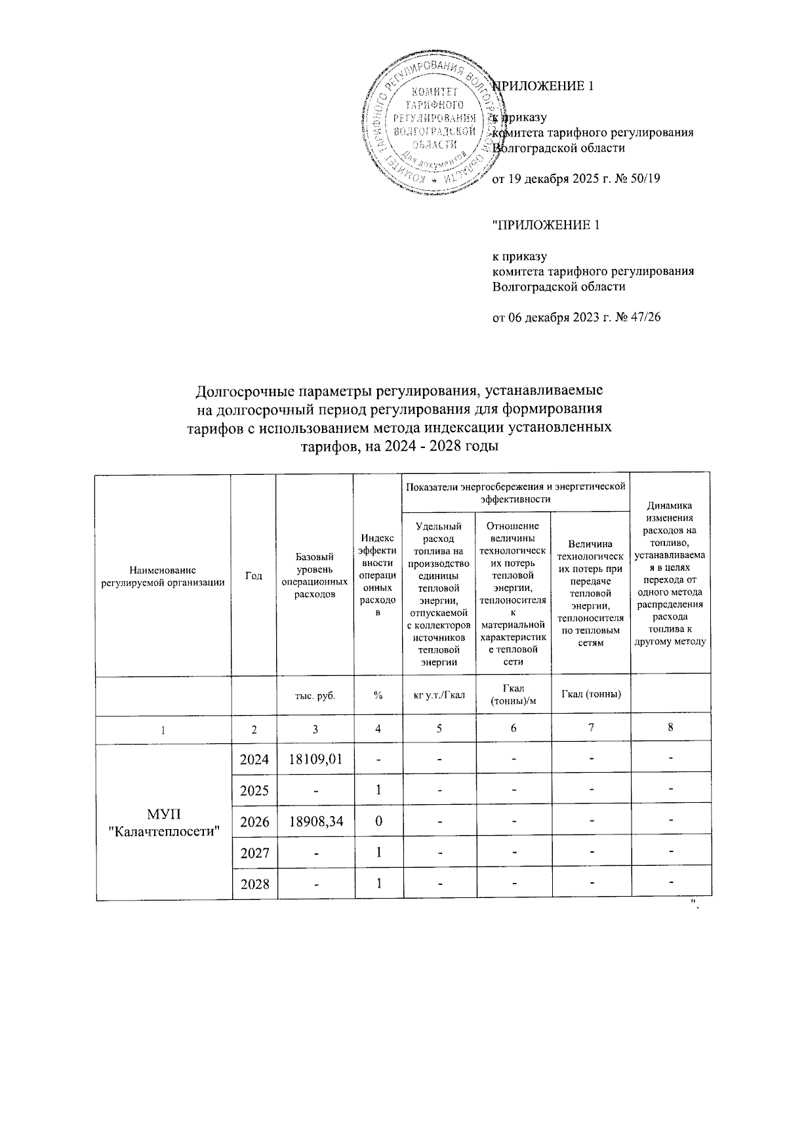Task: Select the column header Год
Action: tap(253, 575)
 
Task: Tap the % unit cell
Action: tap(378, 695)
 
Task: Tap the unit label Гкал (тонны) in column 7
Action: tap(590, 695)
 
